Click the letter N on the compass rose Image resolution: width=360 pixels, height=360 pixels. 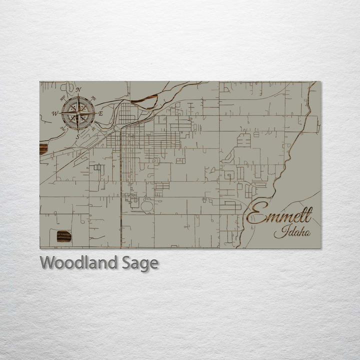(x=78, y=90)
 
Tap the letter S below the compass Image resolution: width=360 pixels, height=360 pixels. (x=77, y=136)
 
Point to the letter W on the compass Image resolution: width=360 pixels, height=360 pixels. (x=55, y=113)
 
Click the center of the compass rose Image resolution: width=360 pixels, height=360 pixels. (x=78, y=113)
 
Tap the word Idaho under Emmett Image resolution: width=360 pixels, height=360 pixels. (x=292, y=232)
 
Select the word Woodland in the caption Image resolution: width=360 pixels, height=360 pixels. (x=79, y=262)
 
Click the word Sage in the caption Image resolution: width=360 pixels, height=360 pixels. (x=140, y=263)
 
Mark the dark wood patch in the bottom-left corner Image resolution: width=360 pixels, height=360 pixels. (x=63, y=236)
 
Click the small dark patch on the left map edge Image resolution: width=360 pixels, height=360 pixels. (x=43, y=148)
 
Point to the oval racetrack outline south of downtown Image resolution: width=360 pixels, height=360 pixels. (x=146, y=206)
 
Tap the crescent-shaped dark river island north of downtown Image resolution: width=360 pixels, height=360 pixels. (x=145, y=103)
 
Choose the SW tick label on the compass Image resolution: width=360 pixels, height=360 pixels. (x=62, y=129)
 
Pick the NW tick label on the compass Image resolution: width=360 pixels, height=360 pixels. (x=62, y=97)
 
